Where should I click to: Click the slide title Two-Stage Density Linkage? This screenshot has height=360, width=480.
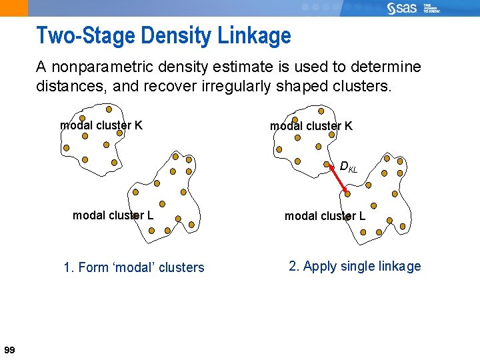pos(163,35)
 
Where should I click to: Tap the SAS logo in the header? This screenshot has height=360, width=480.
pos(402,8)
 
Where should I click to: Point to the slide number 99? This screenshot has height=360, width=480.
pos(9,350)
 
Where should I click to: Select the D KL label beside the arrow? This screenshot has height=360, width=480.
pos(349,167)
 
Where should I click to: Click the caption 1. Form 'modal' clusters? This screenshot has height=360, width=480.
pos(134,267)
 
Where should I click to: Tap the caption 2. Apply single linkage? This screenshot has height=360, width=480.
pos(355,266)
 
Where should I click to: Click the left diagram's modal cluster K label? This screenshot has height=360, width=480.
pos(101,125)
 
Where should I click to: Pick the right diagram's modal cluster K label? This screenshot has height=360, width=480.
pos(311,125)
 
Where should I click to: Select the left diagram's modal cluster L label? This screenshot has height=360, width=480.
pos(113,215)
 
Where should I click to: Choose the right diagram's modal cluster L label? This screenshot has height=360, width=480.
pos(325,215)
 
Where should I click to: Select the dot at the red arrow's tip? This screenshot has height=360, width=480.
pos(347,193)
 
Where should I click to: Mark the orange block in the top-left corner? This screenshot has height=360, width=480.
pos(13,8)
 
